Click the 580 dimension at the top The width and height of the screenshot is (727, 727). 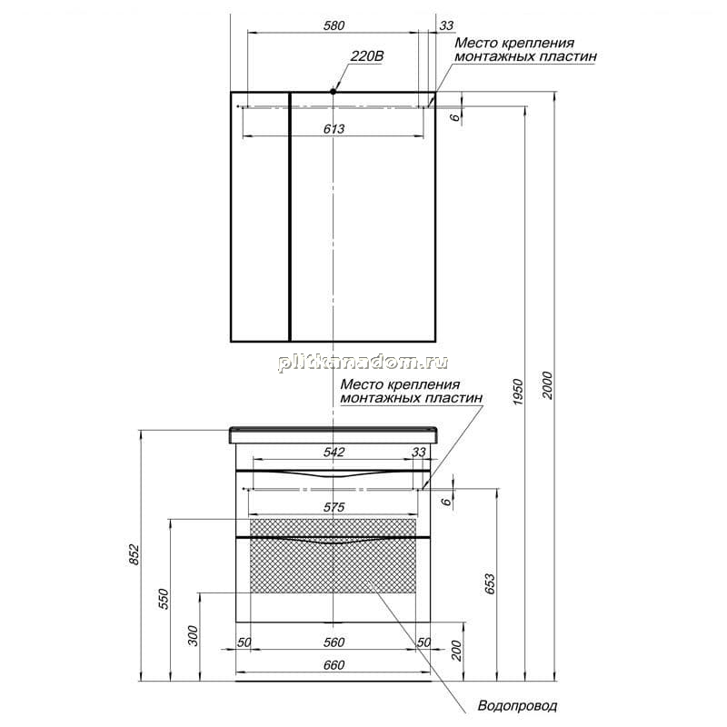coord(334,25)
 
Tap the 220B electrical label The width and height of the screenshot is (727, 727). coord(367,56)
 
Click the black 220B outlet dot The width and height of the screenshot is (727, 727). coord(333,92)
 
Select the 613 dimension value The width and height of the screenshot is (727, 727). coord(334,129)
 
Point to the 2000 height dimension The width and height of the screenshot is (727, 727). coord(548,385)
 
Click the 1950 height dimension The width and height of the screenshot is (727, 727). coord(518,392)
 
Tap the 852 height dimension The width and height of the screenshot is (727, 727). coord(134,554)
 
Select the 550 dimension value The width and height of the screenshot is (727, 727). coord(164,599)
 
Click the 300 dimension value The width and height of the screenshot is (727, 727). coord(193,635)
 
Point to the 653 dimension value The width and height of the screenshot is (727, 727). coord(490,584)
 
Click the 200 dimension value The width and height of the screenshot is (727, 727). coord(457,651)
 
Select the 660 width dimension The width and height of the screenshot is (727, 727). coord(334,665)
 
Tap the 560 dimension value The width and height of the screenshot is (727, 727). coord(334,642)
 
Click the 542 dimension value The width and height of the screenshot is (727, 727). coord(334,452)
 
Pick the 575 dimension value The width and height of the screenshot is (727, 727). coord(334,507)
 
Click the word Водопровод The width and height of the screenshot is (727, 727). coord(517,706)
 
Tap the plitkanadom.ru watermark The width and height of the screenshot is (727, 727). coord(363,363)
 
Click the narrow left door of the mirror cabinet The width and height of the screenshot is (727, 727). coord(260,217)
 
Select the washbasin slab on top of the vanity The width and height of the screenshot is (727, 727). coord(334,434)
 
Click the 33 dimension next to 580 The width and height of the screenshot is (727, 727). coord(446,25)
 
